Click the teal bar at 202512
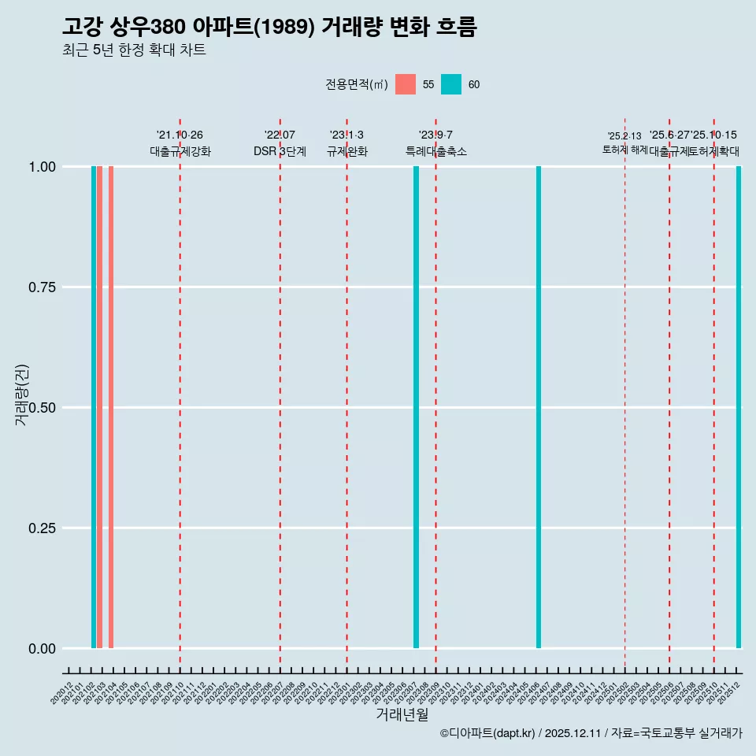tap(739, 407)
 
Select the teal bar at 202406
tap(539, 407)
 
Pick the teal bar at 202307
tap(416, 407)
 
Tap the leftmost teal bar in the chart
tap(94, 407)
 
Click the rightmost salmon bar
tap(111, 407)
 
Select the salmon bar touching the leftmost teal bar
tap(100, 407)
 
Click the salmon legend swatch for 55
tap(406, 84)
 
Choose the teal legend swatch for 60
tap(451, 84)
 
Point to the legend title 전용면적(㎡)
tap(356, 84)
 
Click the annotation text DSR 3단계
tap(280, 151)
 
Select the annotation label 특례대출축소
tap(435, 151)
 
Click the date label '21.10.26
tap(180, 135)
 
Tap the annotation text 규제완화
tap(346, 151)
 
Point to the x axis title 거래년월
tap(402, 714)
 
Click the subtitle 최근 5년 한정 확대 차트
tap(134, 50)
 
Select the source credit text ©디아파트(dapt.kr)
tap(488, 733)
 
